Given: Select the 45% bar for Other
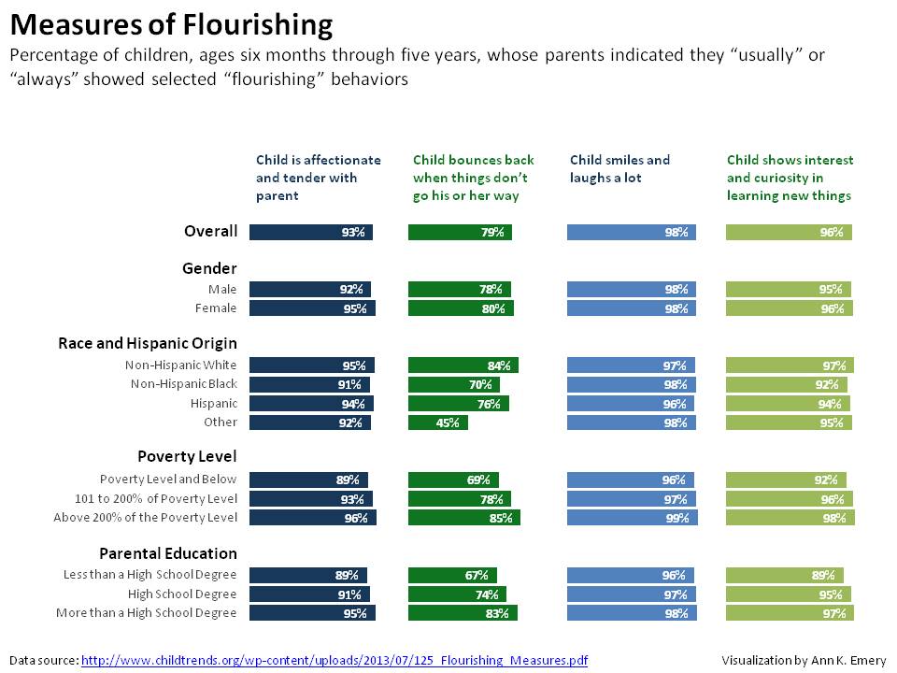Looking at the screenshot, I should (438, 422).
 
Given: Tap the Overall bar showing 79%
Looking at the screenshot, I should (460, 232).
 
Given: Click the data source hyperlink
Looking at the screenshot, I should (335, 660).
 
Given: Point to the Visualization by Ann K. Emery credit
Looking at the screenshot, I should (804, 660).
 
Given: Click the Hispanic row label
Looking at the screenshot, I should (213, 403).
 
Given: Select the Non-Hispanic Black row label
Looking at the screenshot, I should (184, 384).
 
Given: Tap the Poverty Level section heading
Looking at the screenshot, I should (187, 456).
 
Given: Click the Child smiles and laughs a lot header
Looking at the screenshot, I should (619, 169).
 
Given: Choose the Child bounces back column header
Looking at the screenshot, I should (473, 178).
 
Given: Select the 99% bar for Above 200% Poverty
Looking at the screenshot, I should (632, 517).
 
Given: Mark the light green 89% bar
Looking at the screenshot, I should (785, 575).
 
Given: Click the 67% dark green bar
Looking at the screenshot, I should (452, 575).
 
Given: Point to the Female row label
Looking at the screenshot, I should (215, 308).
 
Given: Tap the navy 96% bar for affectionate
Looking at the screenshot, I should (313, 517).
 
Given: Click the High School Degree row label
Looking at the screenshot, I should (182, 594).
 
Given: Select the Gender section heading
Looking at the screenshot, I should (209, 268).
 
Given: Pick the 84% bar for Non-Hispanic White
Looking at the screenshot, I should (463, 365).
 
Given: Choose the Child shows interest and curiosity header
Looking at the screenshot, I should (790, 178).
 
